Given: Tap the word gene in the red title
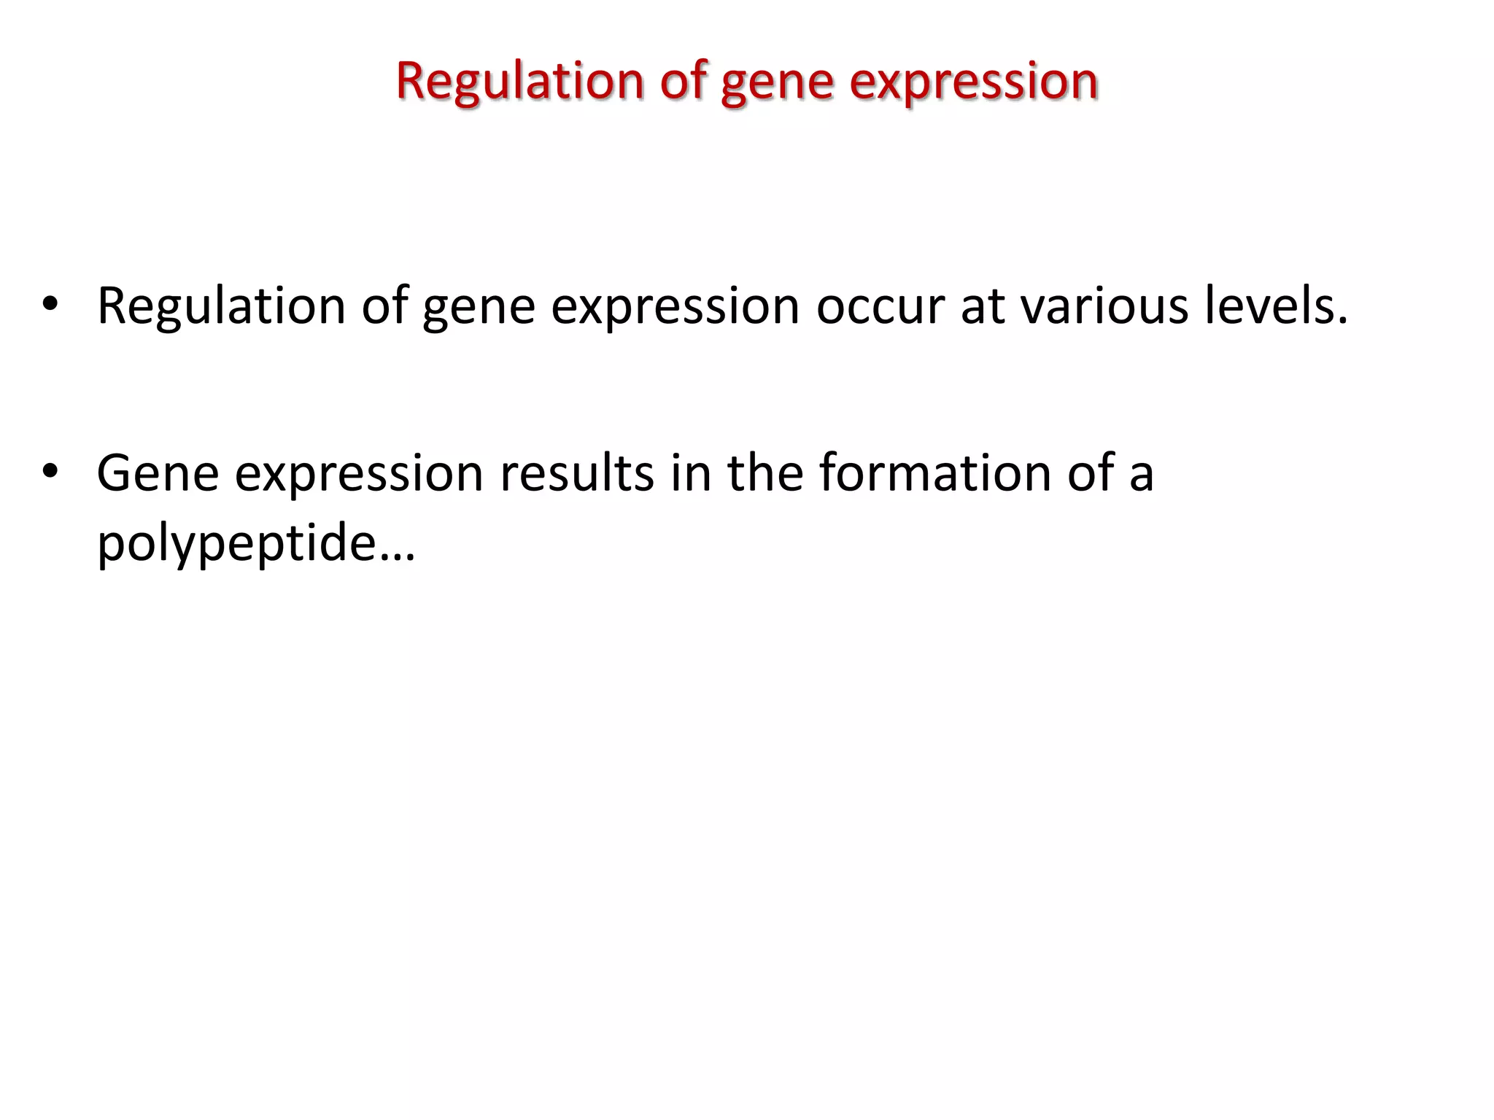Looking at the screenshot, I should pos(777,82).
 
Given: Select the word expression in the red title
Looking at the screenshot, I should pos(974,82).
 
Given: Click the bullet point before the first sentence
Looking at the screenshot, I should pos(50,305).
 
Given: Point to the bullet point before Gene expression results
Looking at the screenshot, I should pos(50,472).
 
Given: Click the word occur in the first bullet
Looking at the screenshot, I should pos(880,306).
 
